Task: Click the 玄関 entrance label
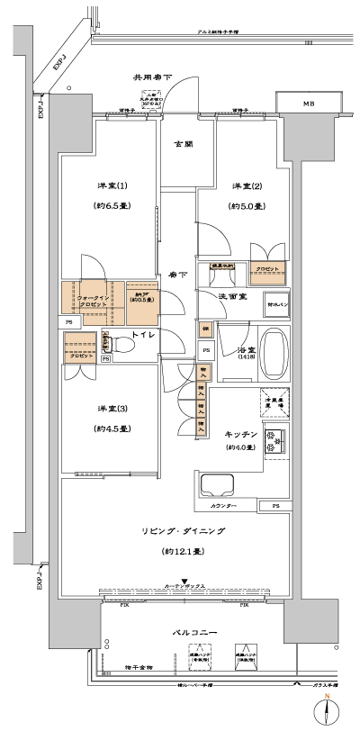(x=182, y=143)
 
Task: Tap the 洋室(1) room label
(x=112, y=185)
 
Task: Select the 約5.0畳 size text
(x=246, y=206)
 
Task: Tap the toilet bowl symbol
(x=122, y=345)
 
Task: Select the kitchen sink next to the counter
(x=217, y=486)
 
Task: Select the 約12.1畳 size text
(x=182, y=550)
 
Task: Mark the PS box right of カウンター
(x=275, y=506)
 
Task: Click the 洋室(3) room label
(x=112, y=409)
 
